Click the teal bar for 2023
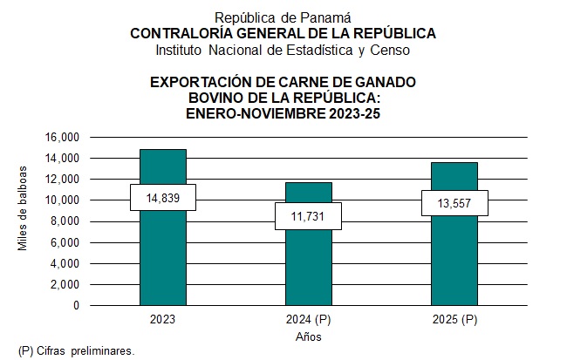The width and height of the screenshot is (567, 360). (163, 253)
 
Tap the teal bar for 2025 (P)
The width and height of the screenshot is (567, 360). (454, 257)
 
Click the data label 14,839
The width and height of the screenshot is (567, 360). (163, 198)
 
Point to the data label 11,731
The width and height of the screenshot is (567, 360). (309, 216)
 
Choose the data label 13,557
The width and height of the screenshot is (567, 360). (454, 203)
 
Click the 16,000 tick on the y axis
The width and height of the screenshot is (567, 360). (63, 137)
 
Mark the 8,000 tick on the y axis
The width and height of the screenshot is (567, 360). (65, 221)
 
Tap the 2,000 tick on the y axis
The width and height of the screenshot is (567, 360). (65, 284)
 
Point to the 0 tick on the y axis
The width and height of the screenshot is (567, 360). (77, 306)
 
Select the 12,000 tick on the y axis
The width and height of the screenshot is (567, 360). (63, 179)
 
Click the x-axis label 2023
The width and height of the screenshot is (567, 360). (163, 319)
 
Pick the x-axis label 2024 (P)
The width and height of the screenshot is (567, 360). (309, 319)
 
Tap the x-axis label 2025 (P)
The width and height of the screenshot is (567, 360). (454, 319)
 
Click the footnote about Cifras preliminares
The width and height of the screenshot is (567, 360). (78, 350)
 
